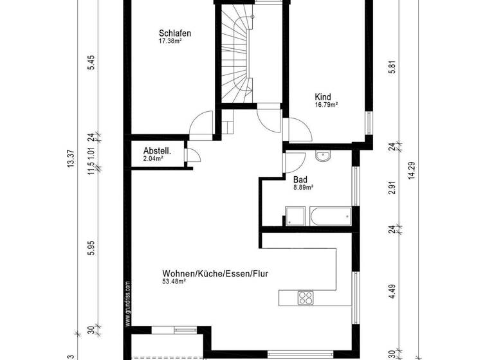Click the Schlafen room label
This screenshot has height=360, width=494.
pyautogui.click(x=175, y=33)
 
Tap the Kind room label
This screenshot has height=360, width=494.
pyautogui.click(x=322, y=98)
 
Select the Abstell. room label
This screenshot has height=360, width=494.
pyautogui.click(x=156, y=150)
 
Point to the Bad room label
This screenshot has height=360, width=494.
pyautogui.click(x=300, y=180)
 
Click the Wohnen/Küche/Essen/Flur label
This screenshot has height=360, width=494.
pyautogui.click(x=215, y=273)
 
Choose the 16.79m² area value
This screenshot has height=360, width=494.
pyautogui.click(x=326, y=105)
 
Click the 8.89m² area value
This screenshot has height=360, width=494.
pyautogui.click(x=303, y=188)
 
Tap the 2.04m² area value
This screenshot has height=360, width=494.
pyautogui.click(x=152, y=158)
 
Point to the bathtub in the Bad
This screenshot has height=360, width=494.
pyautogui.click(x=330, y=217)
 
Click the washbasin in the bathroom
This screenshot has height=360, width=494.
pyautogui.click(x=322, y=156)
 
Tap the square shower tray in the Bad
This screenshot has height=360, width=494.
pyautogui.click(x=295, y=217)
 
